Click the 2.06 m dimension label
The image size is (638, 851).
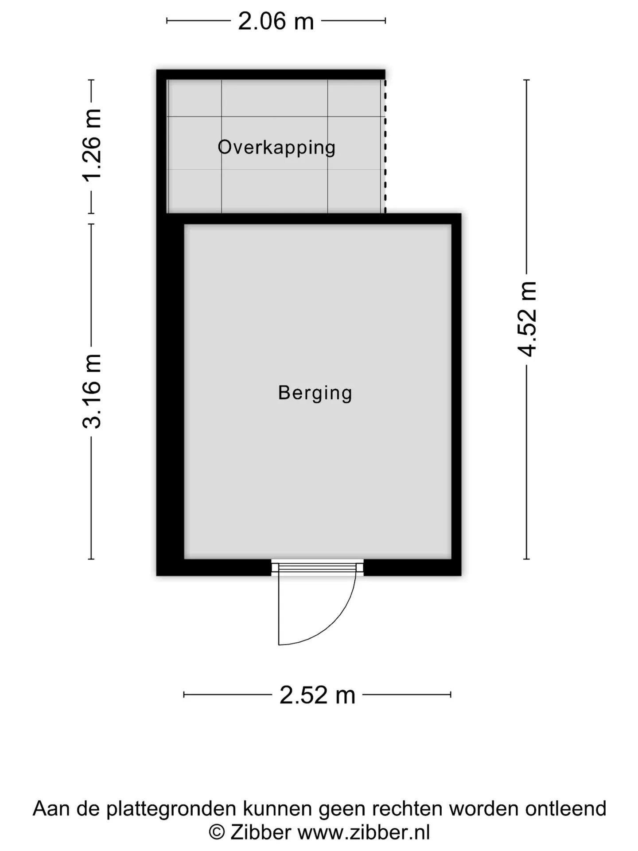pyautogui.click(x=276, y=21)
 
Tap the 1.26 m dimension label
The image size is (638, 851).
pyautogui.click(x=92, y=145)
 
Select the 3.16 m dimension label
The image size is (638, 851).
pyautogui.click(x=92, y=391)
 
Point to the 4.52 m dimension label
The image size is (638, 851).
pyautogui.click(x=527, y=319)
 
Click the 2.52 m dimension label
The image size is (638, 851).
pyautogui.click(x=317, y=695)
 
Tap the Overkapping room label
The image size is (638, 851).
pyautogui.click(x=276, y=147)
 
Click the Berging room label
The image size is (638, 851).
pyautogui.click(x=315, y=393)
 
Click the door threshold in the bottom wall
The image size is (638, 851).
pyautogui.click(x=317, y=568)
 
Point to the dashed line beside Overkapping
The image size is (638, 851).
pyautogui.click(x=385, y=146)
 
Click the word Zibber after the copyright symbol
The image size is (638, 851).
pyautogui.click(x=261, y=832)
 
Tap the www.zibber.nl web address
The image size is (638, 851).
pyautogui.click(x=364, y=832)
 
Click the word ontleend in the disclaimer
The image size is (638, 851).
pyautogui.click(x=566, y=808)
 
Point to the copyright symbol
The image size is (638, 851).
pyautogui.click(x=216, y=832)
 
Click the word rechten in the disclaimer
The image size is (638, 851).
pyautogui.click(x=408, y=808)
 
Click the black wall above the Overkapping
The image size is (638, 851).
pyautogui.click(x=271, y=74)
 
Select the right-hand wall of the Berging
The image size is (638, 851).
pyautogui.click(x=456, y=394)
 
